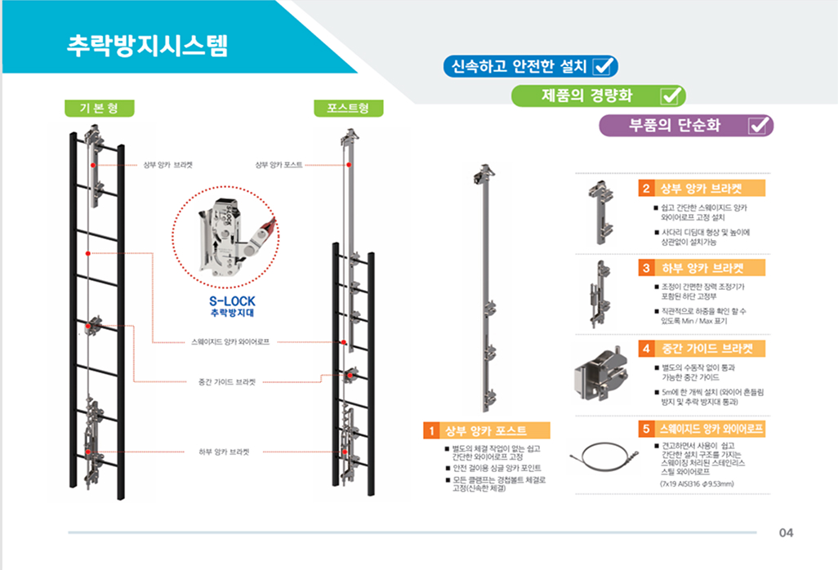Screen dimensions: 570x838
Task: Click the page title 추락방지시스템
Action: pos(146,46)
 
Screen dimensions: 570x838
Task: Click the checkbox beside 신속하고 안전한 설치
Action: pos(604,66)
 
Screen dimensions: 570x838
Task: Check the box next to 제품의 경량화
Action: pos(671,96)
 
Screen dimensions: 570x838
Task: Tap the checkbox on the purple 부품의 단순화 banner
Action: pos(759,125)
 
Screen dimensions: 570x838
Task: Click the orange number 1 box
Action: pos(427,430)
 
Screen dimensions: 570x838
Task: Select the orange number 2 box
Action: pos(645,189)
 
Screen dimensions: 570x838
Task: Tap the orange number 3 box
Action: pos(645,268)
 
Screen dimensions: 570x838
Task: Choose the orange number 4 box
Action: pos(645,349)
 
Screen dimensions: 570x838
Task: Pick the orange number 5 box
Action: pos(645,428)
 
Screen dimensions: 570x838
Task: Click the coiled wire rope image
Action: pos(604,456)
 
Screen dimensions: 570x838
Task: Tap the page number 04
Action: pos(786,533)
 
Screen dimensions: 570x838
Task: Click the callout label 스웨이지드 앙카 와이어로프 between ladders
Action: pos(230,342)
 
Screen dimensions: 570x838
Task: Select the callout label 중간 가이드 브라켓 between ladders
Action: pos(226,381)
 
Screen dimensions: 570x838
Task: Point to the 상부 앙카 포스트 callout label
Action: pos(279,164)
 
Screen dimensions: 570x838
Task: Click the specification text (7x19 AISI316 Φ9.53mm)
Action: pos(697,483)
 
